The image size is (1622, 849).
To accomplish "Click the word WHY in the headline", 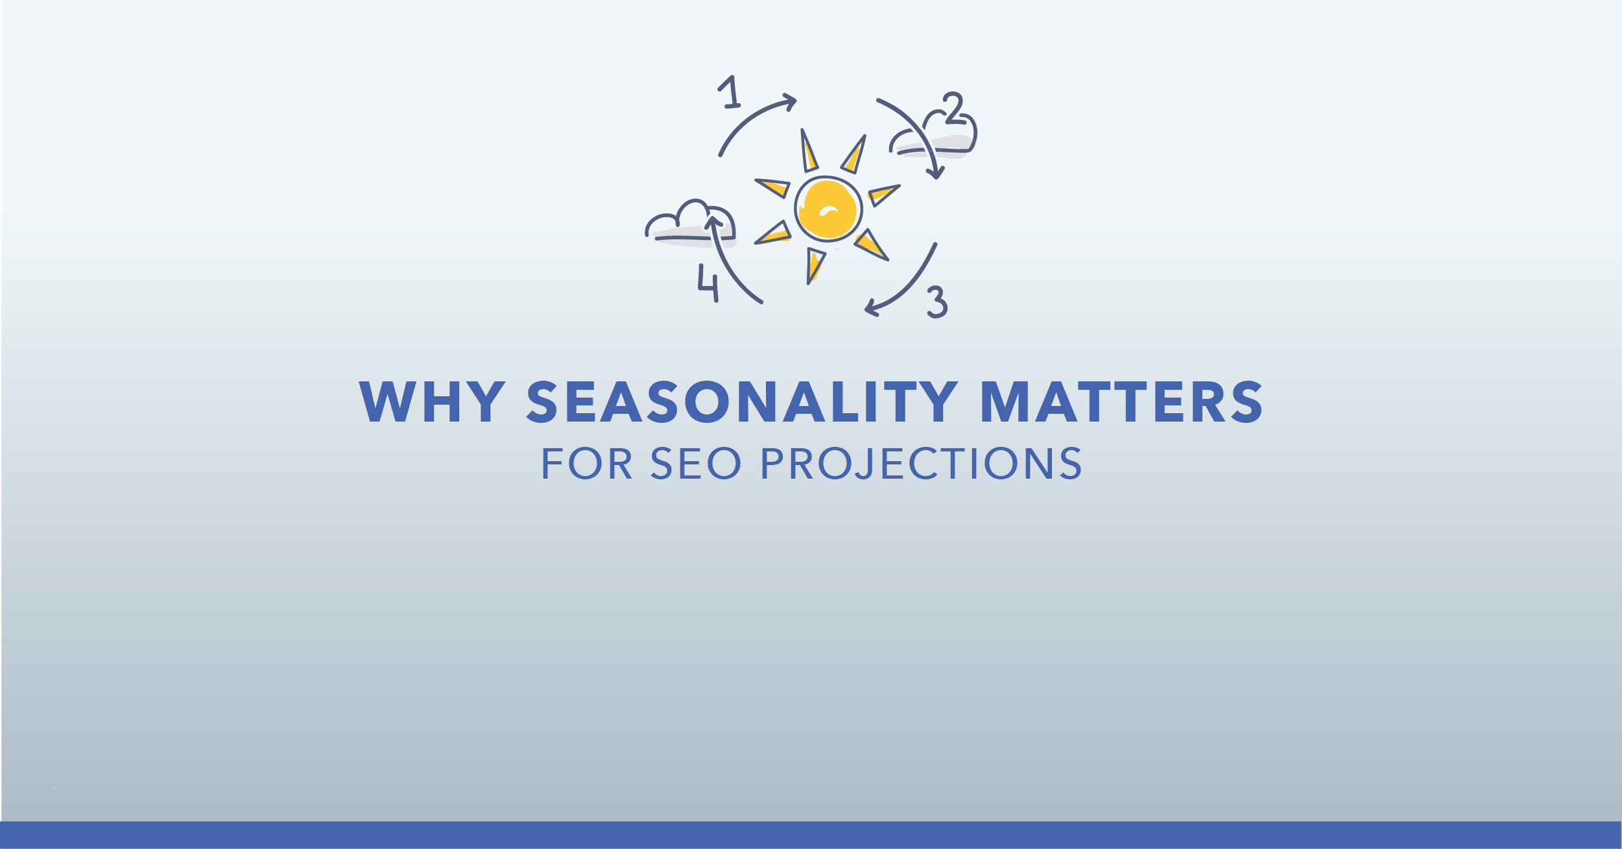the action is click(432, 401).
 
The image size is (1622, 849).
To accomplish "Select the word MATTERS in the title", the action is click(1122, 401).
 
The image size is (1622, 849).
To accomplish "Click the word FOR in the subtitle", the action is click(587, 463).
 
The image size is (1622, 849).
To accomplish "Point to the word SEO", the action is click(695, 463).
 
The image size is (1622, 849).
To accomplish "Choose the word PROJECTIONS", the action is click(921, 463).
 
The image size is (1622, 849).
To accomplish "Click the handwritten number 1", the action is click(730, 92).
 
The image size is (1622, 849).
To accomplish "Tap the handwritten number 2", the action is click(953, 108).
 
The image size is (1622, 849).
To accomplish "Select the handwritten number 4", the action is click(708, 283).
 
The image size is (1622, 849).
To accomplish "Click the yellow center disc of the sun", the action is click(828, 209).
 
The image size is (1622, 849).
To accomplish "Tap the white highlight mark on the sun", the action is click(829, 210).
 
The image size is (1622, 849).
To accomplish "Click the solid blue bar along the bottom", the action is click(811, 835).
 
